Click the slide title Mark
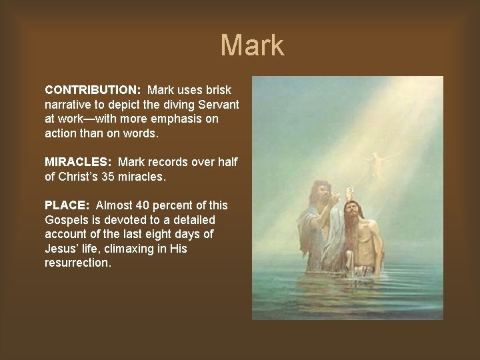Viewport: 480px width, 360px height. click(x=253, y=45)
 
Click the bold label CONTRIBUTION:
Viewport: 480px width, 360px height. click(x=93, y=89)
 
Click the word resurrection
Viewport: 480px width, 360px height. click(x=79, y=263)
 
